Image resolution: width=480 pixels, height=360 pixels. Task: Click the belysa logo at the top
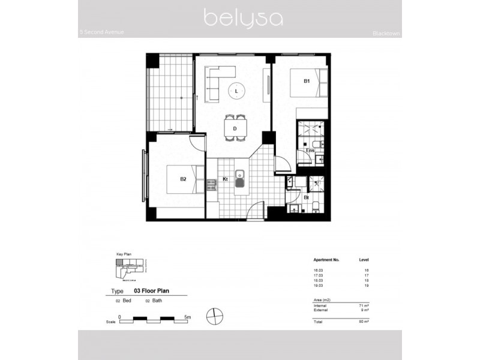pyautogui.click(x=243, y=17)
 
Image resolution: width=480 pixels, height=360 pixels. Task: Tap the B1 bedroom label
pyautogui.click(x=306, y=80)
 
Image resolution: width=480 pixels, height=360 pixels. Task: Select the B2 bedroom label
pyautogui.click(x=183, y=179)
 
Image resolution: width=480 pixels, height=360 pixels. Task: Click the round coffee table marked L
pyautogui.click(x=236, y=91)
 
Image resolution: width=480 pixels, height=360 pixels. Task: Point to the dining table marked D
pyautogui.click(x=235, y=128)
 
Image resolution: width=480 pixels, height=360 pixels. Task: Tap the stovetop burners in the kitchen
pyautogui.click(x=211, y=185)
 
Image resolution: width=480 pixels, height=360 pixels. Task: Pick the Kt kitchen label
pyautogui.click(x=225, y=179)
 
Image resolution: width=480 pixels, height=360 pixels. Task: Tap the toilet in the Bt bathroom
pyautogui.click(x=316, y=207)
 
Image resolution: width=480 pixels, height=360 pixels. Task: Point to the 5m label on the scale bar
pyautogui.click(x=187, y=316)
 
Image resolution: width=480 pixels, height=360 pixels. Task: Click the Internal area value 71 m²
pyautogui.click(x=363, y=306)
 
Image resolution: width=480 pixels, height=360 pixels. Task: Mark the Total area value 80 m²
pyautogui.click(x=363, y=322)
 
